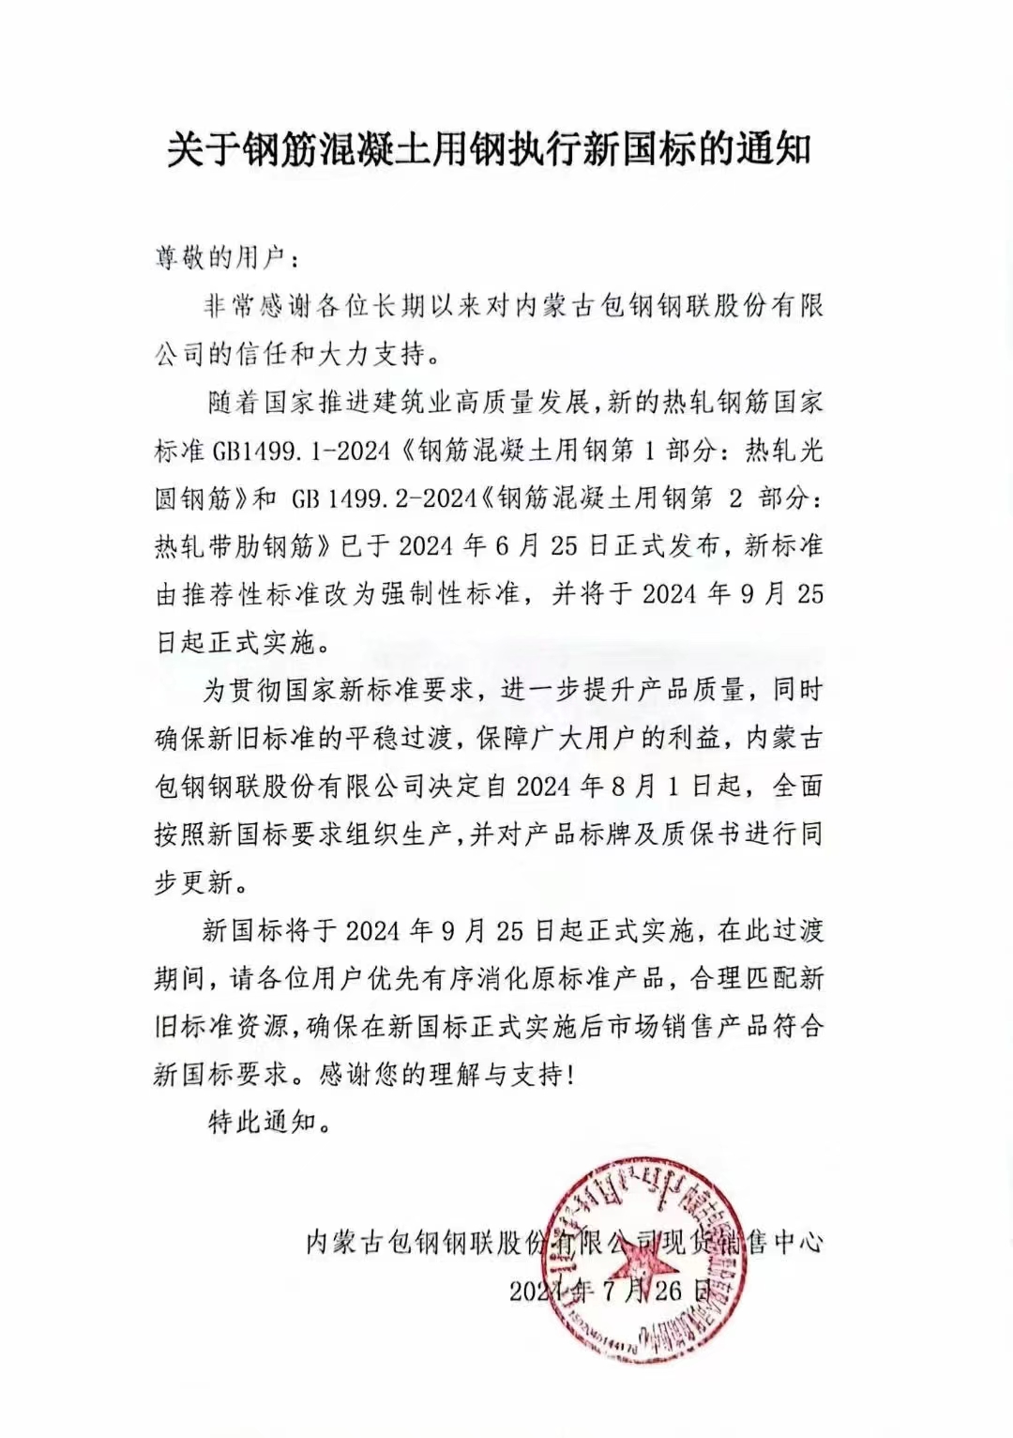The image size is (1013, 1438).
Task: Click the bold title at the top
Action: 489,149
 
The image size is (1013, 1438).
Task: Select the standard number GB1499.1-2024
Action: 301,451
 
